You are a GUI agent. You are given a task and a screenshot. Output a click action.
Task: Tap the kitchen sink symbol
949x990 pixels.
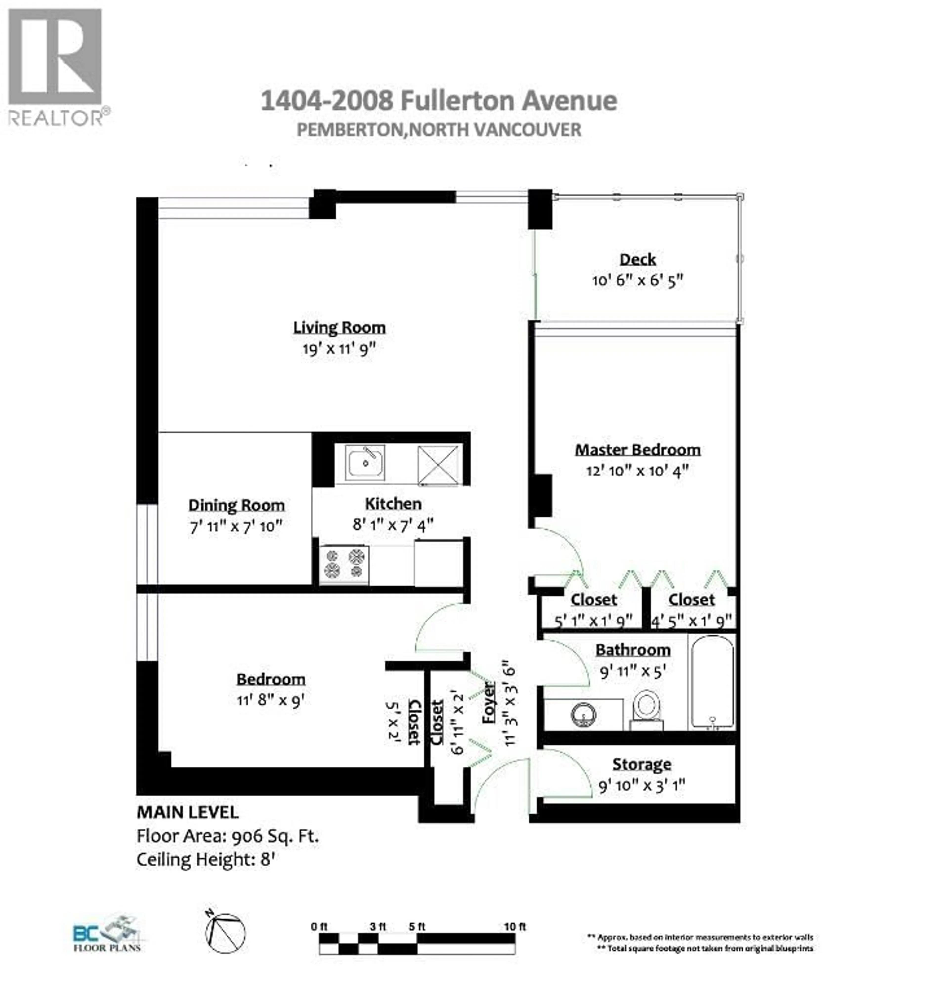point(365,462)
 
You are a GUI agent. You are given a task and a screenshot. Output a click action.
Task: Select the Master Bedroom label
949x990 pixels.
point(638,450)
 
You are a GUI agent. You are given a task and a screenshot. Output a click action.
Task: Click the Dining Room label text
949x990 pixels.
point(237,505)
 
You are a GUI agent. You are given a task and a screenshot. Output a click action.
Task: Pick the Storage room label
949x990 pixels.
point(641,764)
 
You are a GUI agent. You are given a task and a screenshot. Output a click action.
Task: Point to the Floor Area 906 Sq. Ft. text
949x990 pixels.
point(227,836)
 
